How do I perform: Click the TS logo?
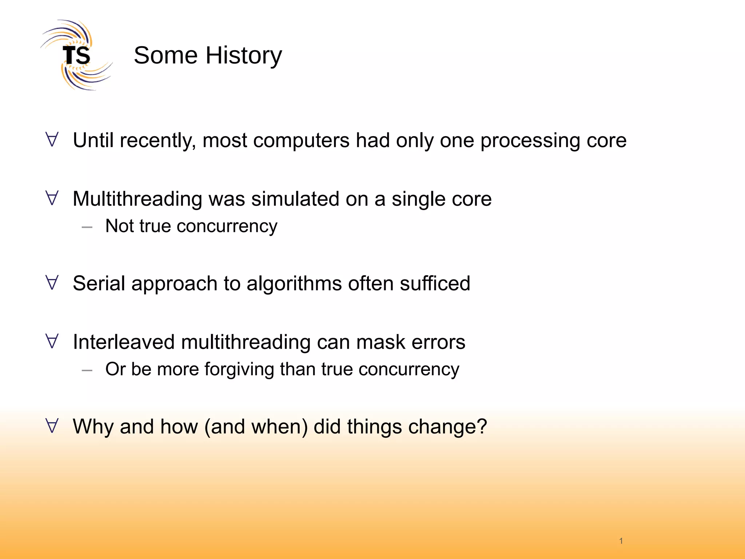pyautogui.click(x=76, y=55)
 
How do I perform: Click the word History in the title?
pyautogui.click(x=244, y=55)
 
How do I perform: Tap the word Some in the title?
pyautogui.click(x=166, y=55)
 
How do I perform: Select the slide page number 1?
pyautogui.click(x=621, y=541)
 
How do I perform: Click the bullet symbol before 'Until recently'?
pyautogui.click(x=52, y=140)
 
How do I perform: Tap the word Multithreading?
pyautogui.click(x=138, y=199)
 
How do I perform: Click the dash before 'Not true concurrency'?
pyautogui.click(x=87, y=227)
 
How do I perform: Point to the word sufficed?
pyautogui.click(x=435, y=284)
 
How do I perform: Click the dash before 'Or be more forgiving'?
pyautogui.click(x=87, y=370)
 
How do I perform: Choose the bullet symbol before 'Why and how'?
pyautogui.click(x=52, y=426)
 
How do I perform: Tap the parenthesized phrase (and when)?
pyautogui.click(x=256, y=427)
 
